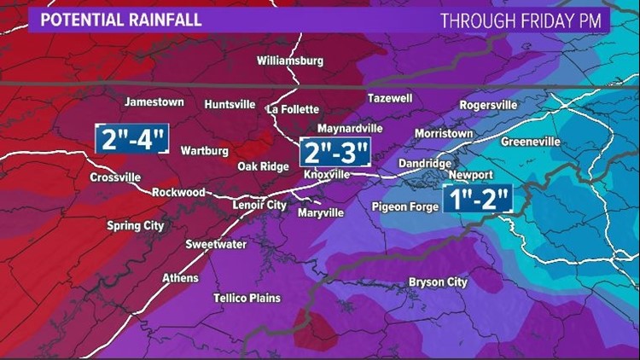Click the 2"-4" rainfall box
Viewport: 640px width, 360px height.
[132, 138]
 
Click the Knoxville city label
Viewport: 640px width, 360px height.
[327, 174]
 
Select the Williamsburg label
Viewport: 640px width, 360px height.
[291, 61]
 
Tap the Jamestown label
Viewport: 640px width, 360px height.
[154, 102]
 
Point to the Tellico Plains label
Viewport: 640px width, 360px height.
[247, 298]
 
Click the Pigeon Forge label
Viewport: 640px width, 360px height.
[405, 206]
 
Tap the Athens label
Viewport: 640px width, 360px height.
[180, 278]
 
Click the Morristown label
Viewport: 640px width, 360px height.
[445, 134]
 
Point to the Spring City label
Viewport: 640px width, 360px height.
[135, 226]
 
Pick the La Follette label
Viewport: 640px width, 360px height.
[293, 109]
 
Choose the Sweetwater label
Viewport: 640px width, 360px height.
[216, 245]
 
